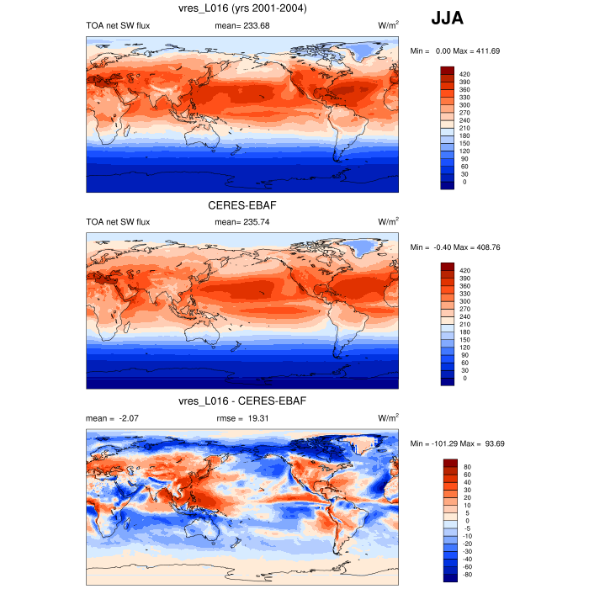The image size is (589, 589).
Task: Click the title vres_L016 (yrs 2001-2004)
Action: click(x=241, y=8)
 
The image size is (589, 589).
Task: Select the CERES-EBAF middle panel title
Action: click(x=241, y=204)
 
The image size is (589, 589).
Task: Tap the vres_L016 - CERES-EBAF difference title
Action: click(x=241, y=401)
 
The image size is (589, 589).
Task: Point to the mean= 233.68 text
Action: click(x=242, y=25)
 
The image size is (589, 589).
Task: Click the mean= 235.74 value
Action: click(x=242, y=221)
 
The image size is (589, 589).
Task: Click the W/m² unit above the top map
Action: click(x=388, y=25)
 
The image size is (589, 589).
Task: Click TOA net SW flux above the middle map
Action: click(x=118, y=221)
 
